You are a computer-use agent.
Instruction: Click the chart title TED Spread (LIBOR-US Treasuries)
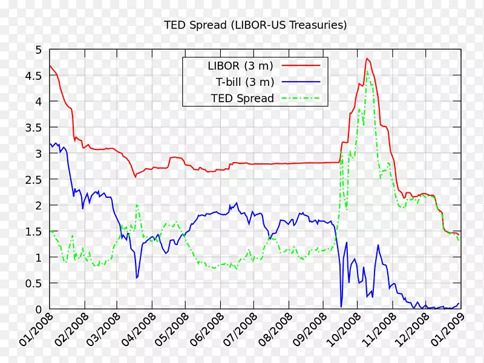pos(255,25)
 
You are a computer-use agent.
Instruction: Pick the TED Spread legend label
pos(243,98)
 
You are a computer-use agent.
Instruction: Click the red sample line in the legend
pos(302,65)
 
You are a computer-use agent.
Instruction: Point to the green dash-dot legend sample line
pos(302,98)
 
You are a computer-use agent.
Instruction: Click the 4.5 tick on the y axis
pos(33,76)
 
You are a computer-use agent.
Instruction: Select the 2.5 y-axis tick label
pos(33,180)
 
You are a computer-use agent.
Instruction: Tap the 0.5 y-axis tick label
pos(33,284)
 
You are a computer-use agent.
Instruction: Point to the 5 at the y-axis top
pos(39,50)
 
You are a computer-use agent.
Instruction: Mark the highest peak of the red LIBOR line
pos(367,59)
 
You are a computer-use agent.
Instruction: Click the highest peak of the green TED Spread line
pos(367,71)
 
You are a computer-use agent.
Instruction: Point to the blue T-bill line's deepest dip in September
pos(341,306)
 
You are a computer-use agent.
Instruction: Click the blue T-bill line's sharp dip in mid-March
pos(137,278)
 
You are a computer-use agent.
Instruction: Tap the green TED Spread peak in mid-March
pos(137,205)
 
